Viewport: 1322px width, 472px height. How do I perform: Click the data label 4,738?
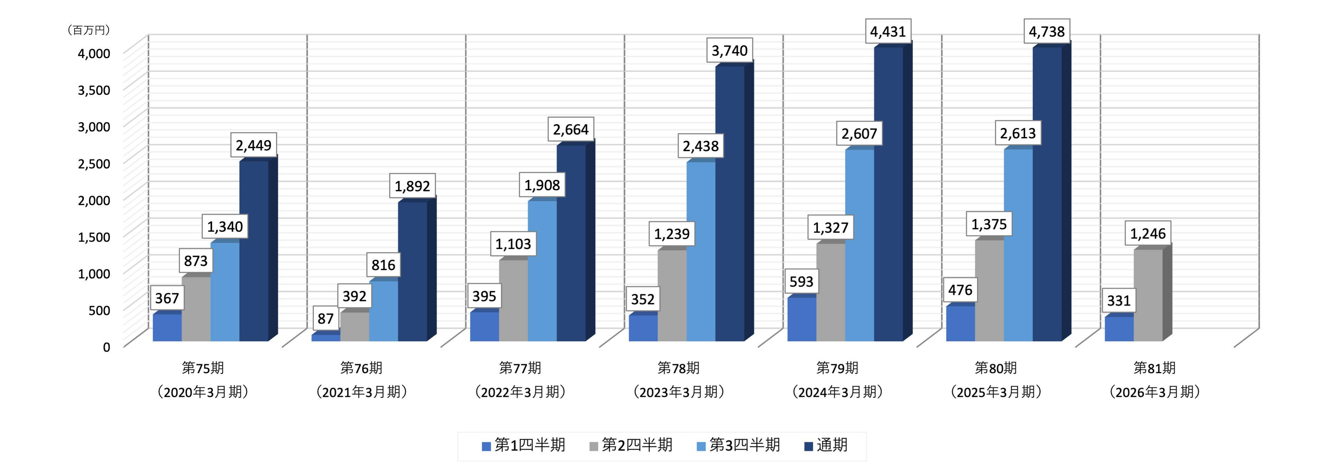click(x=1046, y=32)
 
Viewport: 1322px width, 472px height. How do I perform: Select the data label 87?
click(x=325, y=318)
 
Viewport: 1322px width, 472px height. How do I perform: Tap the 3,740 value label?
click(x=729, y=51)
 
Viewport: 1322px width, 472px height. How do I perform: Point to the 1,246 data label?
click(x=1148, y=234)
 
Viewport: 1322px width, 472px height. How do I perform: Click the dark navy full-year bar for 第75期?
click(x=254, y=251)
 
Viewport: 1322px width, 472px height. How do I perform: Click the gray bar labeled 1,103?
click(x=513, y=300)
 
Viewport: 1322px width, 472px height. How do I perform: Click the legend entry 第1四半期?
click(x=523, y=445)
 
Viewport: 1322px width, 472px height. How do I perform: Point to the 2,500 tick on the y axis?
click(x=94, y=164)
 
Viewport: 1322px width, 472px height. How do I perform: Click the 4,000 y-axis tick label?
click(x=94, y=53)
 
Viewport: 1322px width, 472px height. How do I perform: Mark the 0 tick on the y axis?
click(x=106, y=347)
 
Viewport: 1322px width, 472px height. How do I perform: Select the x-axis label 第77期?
click(x=520, y=368)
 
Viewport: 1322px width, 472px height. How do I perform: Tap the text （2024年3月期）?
click(x=837, y=392)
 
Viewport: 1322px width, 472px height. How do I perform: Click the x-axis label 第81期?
click(x=1154, y=368)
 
